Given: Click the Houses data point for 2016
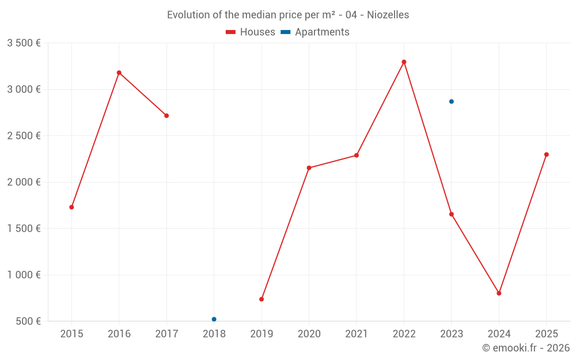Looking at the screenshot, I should pos(119,73).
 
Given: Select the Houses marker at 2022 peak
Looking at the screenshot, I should pos(404,62).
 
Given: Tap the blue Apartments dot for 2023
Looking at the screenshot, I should pos(452,101).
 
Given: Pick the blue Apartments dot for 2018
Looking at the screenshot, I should pos(214,319).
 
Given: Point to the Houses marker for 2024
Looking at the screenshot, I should pos(499,293).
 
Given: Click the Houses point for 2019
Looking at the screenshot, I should pos(262,299).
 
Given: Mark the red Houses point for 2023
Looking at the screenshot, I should pos(452,214).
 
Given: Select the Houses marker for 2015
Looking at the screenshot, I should pos(71,207).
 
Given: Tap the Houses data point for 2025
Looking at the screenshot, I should pos(547,154).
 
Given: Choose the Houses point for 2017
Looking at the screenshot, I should pos(166,116).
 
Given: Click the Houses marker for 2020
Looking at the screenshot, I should pos(309,168).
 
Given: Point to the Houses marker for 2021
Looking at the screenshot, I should pos(357,155).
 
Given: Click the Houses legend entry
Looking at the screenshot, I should pos(251,32).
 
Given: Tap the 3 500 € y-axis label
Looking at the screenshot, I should pos(24,43).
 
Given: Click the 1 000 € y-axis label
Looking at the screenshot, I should pos(24,275).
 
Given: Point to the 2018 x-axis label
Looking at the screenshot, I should pos(214,334).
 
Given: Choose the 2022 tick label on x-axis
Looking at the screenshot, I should pos(404,334).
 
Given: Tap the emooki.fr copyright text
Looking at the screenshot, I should pos(526,348).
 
